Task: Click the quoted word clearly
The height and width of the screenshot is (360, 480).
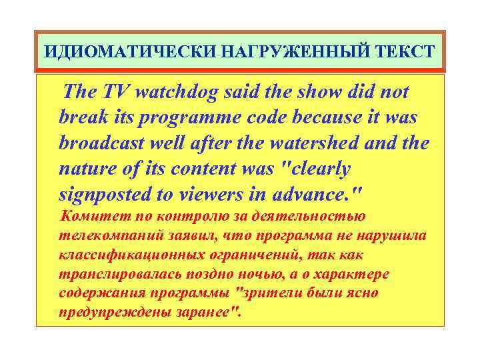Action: pyautogui.click(x=315, y=169)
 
